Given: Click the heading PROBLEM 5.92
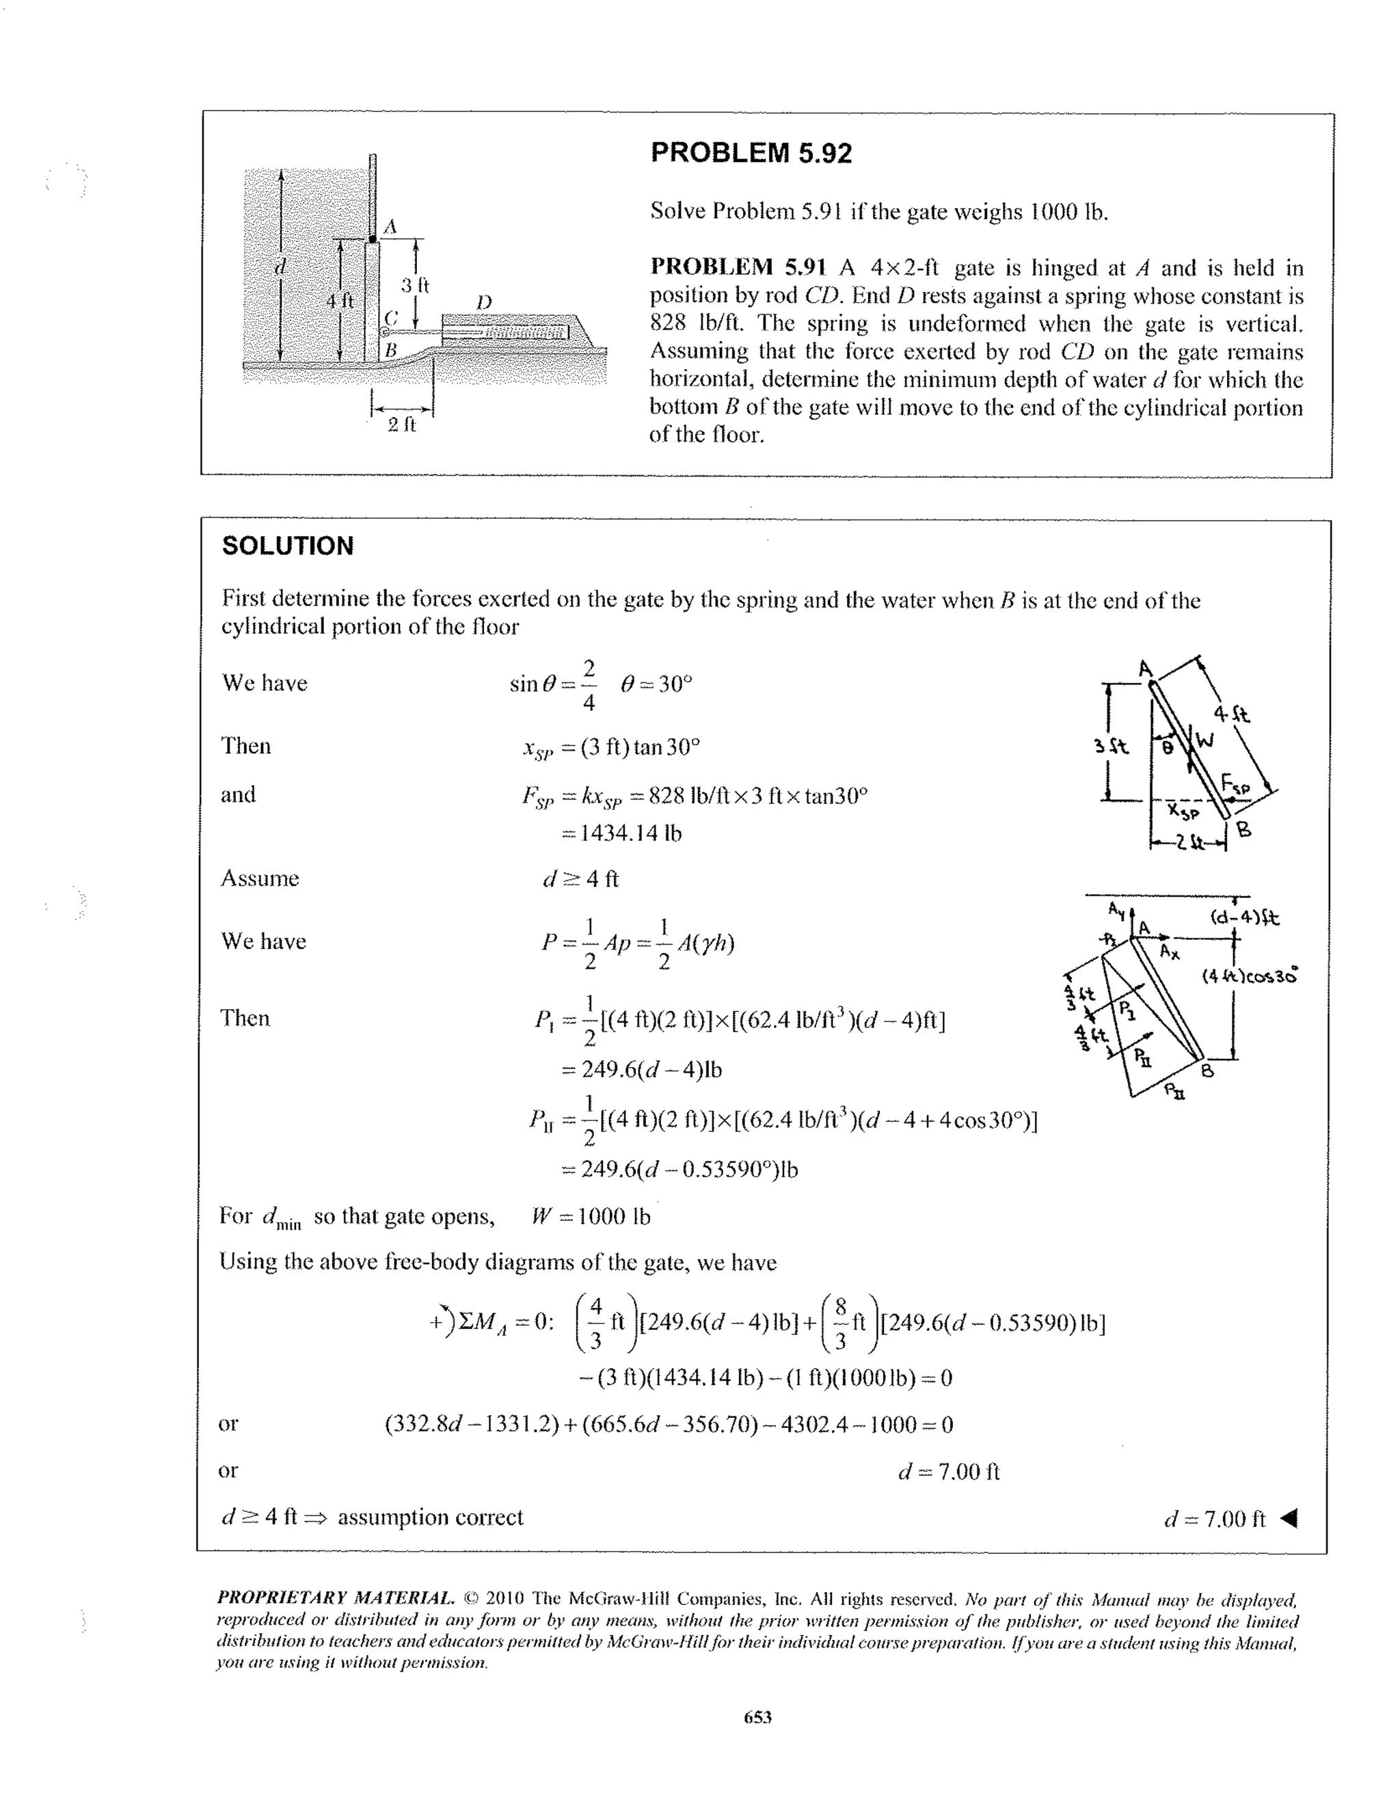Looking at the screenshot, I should [x=751, y=153].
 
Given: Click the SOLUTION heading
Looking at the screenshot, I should [x=288, y=546].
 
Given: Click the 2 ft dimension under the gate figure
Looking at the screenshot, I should [x=402, y=425].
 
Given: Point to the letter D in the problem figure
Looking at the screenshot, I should [x=483, y=301].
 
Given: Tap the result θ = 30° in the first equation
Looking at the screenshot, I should [x=656, y=684].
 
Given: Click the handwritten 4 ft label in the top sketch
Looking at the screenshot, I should [x=1232, y=714].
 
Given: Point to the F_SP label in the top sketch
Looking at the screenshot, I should [x=1236, y=783].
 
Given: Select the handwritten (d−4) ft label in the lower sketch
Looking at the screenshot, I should [x=1244, y=917].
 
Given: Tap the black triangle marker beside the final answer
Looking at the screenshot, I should [x=1289, y=1519].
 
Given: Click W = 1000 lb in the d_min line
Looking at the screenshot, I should [x=591, y=1216].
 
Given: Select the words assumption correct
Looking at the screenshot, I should [x=430, y=1518].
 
